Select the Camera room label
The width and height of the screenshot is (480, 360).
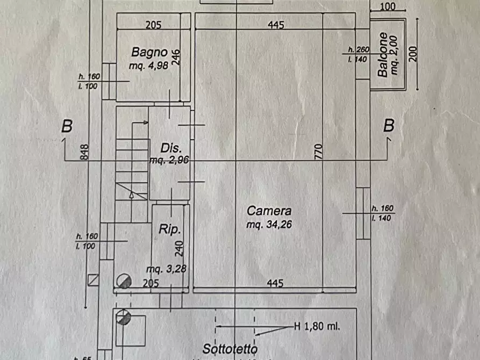click(269, 211)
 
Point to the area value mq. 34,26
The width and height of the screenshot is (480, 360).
click(269, 225)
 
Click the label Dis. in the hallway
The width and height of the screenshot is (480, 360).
click(171, 147)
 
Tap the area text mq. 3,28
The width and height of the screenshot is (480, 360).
click(166, 269)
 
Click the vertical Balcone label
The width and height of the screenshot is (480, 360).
click(383, 55)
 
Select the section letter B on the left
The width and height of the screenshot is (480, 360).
click(67, 126)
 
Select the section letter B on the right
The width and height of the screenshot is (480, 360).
click(389, 126)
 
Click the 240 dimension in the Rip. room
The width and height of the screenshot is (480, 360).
click(180, 248)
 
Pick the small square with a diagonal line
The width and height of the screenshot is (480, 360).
click(92, 280)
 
